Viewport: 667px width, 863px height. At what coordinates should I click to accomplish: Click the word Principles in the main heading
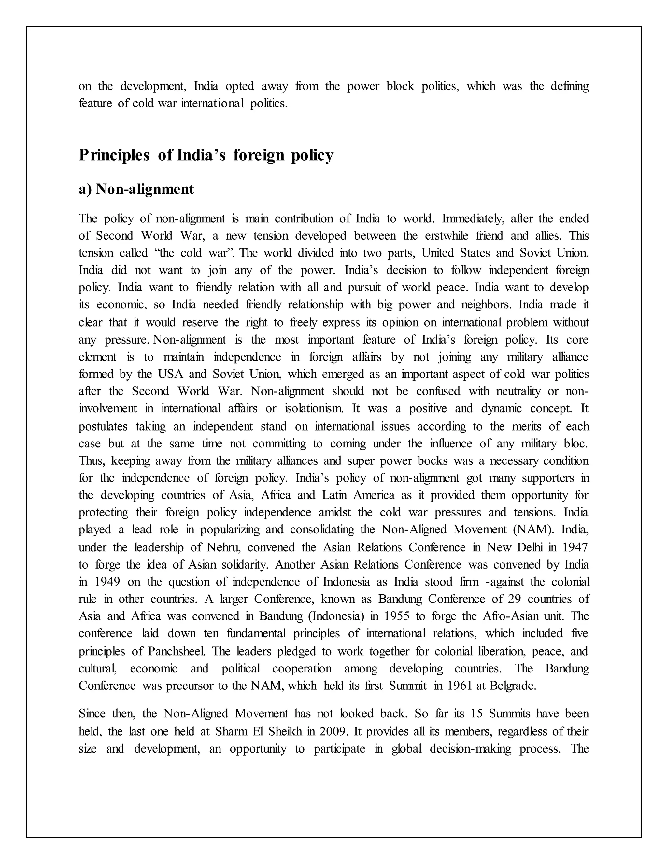click(x=114, y=155)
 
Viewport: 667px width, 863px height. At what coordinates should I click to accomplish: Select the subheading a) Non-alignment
click(x=136, y=189)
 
